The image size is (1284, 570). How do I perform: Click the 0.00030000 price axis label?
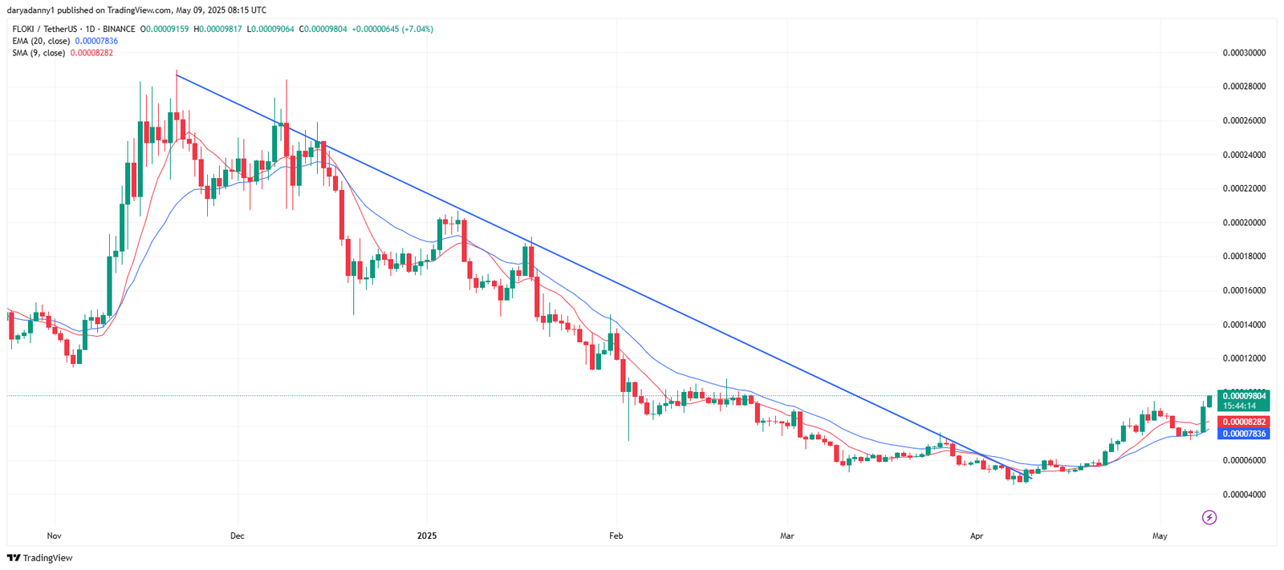pos(1244,53)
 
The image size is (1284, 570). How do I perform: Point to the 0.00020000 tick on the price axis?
pos(1244,223)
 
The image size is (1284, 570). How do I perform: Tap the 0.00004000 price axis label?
pos(1244,495)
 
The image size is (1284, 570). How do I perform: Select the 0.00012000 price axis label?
pos(1244,358)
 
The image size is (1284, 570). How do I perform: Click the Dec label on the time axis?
pos(237,536)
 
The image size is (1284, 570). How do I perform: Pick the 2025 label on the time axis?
pos(427,536)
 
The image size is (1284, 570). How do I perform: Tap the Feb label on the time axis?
pos(616,536)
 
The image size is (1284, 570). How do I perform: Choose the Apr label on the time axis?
pos(977,536)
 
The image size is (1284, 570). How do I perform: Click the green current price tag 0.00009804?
pos(1244,396)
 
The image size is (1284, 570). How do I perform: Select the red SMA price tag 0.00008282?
pos(1244,422)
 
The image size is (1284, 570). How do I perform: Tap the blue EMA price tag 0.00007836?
pos(1244,434)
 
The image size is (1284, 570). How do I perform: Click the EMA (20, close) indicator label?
pos(41,41)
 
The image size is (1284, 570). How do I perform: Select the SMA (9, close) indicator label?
pos(39,53)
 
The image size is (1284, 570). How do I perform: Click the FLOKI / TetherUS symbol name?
pos(45,29)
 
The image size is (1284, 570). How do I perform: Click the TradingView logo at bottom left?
pos(40,558)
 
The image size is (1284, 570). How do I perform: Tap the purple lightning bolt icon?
pos(1209,517)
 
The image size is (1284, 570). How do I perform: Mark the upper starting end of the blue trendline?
pos(177,75)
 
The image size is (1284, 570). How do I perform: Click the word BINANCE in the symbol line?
pos(119,29)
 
